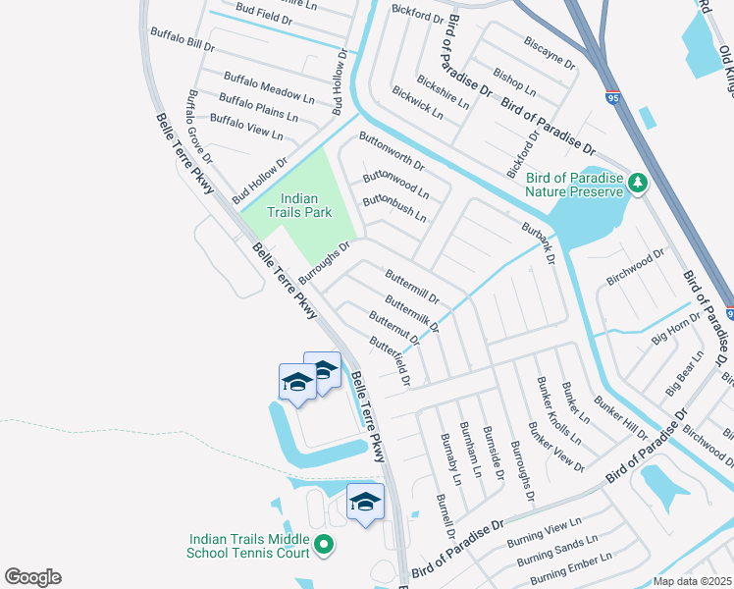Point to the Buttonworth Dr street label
392,150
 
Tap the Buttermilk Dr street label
412,313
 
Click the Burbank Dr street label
539,245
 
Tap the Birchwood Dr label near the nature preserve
635,266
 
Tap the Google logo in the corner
32,577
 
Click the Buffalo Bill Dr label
182,39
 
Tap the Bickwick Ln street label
417,103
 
